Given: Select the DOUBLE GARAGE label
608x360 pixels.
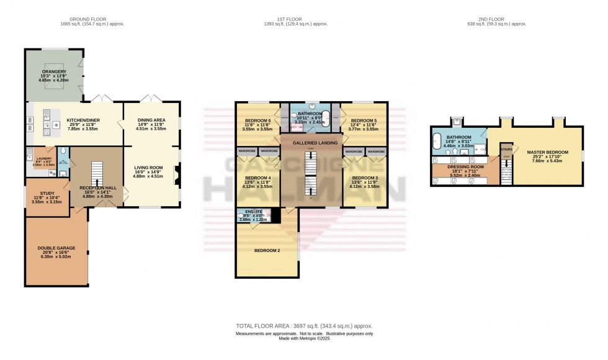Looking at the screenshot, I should [56, 248].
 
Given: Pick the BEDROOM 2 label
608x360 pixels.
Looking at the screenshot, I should [267, 251].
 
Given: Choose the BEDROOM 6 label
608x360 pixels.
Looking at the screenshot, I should [257, 120].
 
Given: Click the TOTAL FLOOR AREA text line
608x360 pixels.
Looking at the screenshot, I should [304, 326].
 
